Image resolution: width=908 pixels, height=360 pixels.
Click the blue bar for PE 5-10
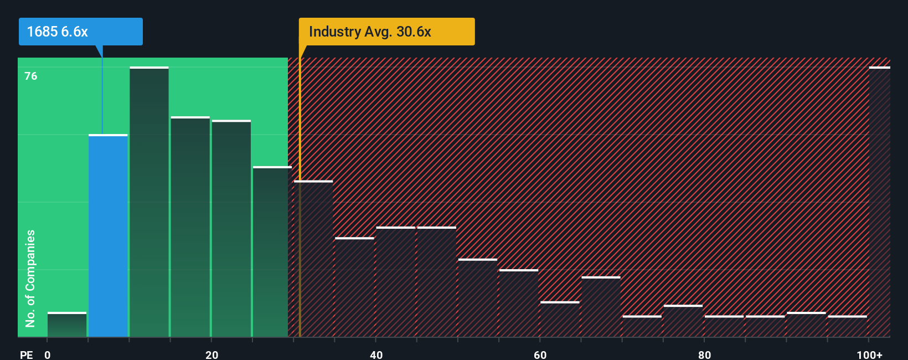click(108, 235)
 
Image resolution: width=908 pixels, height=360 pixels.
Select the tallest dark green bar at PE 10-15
click(149, 202)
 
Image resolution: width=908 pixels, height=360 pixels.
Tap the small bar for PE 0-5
click(67, 325)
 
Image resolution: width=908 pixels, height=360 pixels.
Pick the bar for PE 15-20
click(190, 227)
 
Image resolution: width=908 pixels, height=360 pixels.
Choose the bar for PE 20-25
click(231, 228)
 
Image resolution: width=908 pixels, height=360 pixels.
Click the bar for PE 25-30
click(272, 252)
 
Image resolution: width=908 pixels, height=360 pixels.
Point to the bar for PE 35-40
click(354, 287)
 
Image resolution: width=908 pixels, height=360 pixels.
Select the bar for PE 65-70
click(601, 307)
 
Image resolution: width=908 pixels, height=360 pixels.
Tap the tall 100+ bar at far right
click(879, 202)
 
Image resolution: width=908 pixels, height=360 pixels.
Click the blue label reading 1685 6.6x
click(81, 32)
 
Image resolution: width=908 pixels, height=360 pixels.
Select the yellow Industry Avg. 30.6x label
click(386, 32)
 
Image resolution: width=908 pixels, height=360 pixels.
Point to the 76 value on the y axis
click(31, 76)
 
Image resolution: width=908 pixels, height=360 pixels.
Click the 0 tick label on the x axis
click(48, 354)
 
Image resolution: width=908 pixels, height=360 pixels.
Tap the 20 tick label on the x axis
click(211, 354)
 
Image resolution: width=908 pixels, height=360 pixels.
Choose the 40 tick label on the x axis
click(376, 354)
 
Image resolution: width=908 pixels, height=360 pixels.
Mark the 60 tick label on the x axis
click(540, 354)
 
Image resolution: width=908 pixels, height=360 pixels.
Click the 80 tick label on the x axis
click(704, 354)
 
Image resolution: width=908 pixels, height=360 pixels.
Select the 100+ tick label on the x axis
click(869, 354)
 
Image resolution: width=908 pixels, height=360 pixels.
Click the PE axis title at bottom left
click(26, 354)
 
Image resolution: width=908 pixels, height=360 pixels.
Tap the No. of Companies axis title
click(30, 278)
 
